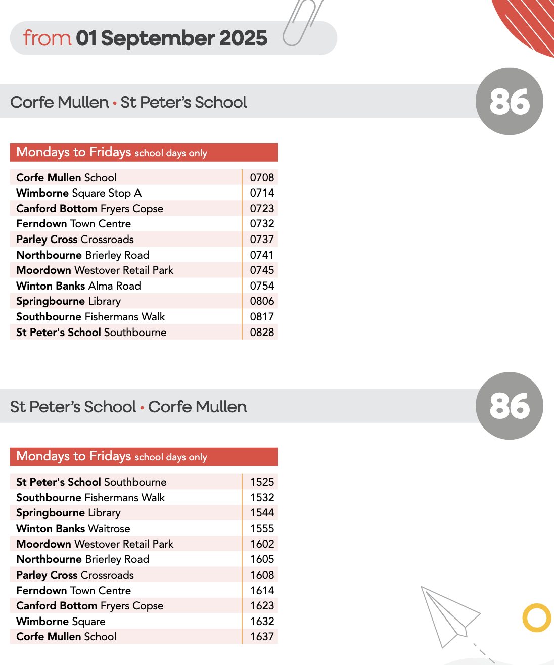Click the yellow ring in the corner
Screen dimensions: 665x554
pyautogui.click(x=536, y=617)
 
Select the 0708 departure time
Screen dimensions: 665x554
pyautogui.click(x=262, y=178)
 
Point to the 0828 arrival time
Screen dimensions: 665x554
pyautogui.click(x=262, y=332)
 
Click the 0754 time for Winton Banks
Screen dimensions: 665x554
pyautogui.click(x=262, y=286)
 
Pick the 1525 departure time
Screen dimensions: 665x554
pyautogui.click(x=262, y=482)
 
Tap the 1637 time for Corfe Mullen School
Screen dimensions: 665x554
pyautogui.click(x=262, y=637)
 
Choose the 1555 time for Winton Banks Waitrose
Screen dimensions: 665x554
pyautogui.click(x=262, y=529)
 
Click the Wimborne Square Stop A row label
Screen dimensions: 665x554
pyautogui.click(x=79, y=193)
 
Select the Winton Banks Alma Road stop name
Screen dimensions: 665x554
pyautogui.click(x=78, y=286)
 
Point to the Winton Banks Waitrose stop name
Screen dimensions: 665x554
pyautogui.click(x=73, y=529)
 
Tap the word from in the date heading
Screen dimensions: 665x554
pyautogui.click(x=47, y=38)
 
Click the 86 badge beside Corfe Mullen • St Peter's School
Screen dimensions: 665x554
pyautogui.click(x=510, y=102)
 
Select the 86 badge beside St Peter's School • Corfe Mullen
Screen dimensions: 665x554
pyautogui.click(x=510, y=406)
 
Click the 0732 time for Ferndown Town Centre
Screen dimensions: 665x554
pyautogui.click(x=262, y=224)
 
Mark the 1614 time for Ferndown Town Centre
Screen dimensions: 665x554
pyautogui.click(x=262, y=591)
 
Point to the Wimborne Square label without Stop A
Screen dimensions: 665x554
pyautogui.click(x=61, y=622)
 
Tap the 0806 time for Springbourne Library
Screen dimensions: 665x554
pyautogui.click(x=262, y=301)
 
